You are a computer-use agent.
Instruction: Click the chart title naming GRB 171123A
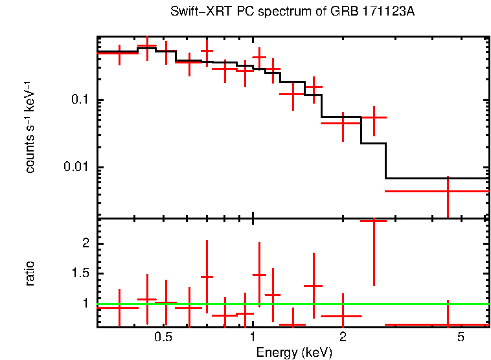point(292,12)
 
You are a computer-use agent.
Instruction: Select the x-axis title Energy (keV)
point(293,352)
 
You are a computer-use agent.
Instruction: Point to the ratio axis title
point(30,273)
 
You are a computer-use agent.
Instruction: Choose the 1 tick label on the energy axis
point(253,337)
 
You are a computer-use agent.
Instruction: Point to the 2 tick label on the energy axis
point(343,337)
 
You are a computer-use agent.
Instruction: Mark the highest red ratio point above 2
point(374,221)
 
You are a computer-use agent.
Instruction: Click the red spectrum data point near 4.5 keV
point(448,191)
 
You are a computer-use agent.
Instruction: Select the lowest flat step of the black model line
point(437,178)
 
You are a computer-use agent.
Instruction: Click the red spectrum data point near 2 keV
point(342,122)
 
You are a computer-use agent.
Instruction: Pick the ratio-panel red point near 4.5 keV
point(448,324)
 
